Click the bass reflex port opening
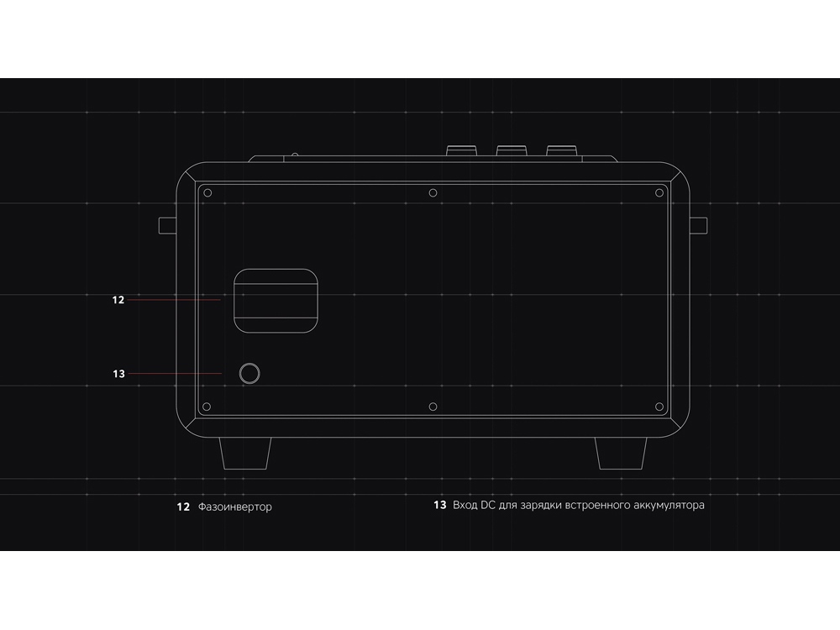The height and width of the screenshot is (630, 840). [276, 300]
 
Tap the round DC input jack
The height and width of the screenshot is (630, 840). [249, 374]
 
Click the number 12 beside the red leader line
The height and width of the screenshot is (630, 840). [118, 300]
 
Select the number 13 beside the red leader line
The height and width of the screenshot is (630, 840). [118, 374]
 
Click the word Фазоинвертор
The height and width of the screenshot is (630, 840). [235, 507]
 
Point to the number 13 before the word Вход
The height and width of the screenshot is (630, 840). [439, 506]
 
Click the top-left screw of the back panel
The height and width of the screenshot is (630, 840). [207, 193]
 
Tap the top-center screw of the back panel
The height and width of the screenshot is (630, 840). [433, 193]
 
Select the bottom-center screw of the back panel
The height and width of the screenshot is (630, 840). [433, 407]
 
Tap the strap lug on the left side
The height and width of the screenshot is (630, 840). [167, 225]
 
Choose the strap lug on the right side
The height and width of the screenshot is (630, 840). [699, 225]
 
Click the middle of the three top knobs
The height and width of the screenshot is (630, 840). [511, 151]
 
